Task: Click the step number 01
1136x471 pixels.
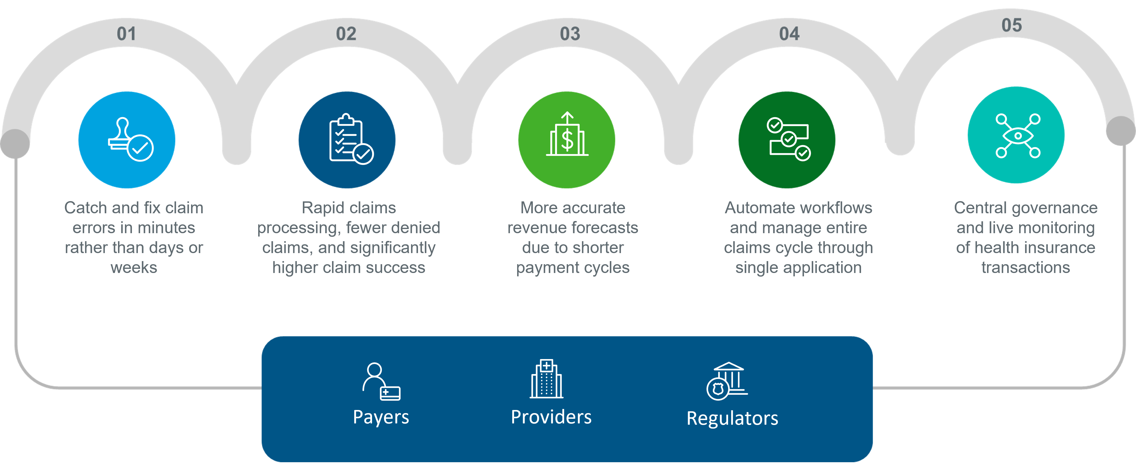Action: [x=127, y=34]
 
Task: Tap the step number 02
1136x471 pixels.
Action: [x=346, y=34]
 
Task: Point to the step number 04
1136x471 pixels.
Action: [x=789, y=34]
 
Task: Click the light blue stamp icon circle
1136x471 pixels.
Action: [x=127, y=140]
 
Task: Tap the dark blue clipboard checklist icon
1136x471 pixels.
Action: [x=347, y=140]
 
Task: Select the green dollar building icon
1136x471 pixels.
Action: [x=567, y=140]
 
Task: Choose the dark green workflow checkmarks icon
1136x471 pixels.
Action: [x=787, y=140]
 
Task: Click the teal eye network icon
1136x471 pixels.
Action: [x=1016, y=135]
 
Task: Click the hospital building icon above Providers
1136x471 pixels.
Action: [x=546, y=379]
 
